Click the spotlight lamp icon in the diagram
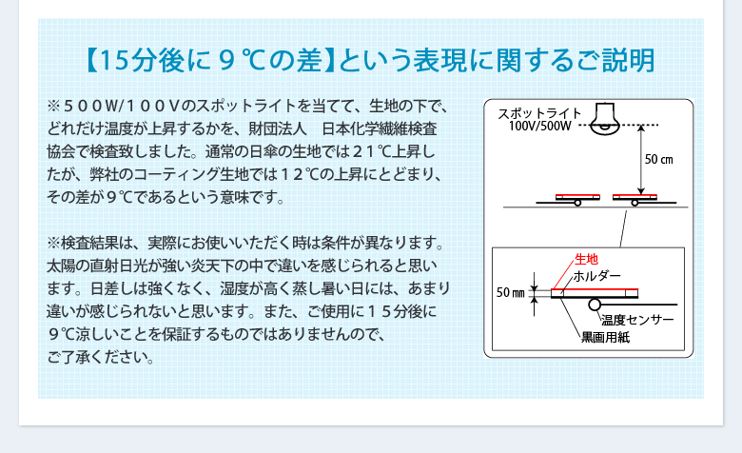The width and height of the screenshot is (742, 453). (605, 119)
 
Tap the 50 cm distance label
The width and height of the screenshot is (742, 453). (658, 160)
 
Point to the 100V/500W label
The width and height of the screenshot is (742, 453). (540, 126)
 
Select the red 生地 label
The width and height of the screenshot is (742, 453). (586, 259)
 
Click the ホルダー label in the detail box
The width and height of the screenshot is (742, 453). (596, 276)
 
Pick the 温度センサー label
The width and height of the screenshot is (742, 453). (637, 321)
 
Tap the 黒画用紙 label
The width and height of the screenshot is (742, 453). (606, 337)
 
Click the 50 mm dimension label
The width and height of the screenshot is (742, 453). (510, 293)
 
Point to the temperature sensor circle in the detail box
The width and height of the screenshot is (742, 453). (595, 305)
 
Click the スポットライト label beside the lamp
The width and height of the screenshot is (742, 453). (539, 113)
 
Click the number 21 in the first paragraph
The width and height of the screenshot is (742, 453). (362, 152)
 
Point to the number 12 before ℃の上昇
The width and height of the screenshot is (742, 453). (291, 175)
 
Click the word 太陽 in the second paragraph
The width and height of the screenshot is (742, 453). (61, 266)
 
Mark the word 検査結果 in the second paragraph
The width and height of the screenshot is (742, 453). (89, 243)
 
